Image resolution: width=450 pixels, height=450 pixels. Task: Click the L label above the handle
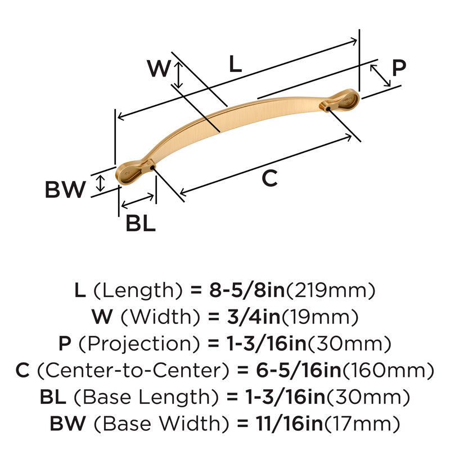click(x=235, y=64)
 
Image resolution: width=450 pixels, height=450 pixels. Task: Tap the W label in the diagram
click(x=159, y=68)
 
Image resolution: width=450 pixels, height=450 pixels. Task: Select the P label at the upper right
click(x=399, y=67)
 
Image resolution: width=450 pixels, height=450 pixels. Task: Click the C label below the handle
click(x=270, y=178)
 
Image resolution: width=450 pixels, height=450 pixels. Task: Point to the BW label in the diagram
click(x=65, y=190)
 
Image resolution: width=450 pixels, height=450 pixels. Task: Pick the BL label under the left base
click(x=141, y=223)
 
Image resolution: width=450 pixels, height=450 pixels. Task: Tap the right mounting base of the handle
click(x=340, y=101)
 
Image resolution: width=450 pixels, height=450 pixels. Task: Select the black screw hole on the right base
click(x=328, y=109)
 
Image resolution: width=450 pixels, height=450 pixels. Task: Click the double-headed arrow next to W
click(x=178, y=75)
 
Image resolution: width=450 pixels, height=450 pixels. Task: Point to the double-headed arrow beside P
click(x=380, y=75)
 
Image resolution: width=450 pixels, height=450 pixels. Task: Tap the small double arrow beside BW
click(x=100, y=183)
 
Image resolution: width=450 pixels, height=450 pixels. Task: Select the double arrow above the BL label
click(x=137, y=201)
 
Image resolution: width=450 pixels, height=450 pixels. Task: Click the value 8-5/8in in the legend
click(x=247, y=290)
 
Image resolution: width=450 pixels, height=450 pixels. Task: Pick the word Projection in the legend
click(x=139, y=344)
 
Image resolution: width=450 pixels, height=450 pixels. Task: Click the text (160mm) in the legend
click(x=388, y=370)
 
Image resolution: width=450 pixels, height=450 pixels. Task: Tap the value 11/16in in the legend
click(x=290, y=424)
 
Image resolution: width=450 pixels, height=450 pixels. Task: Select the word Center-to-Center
click(x=133, y=370)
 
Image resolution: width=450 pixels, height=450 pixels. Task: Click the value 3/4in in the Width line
click(x=254, y=317)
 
